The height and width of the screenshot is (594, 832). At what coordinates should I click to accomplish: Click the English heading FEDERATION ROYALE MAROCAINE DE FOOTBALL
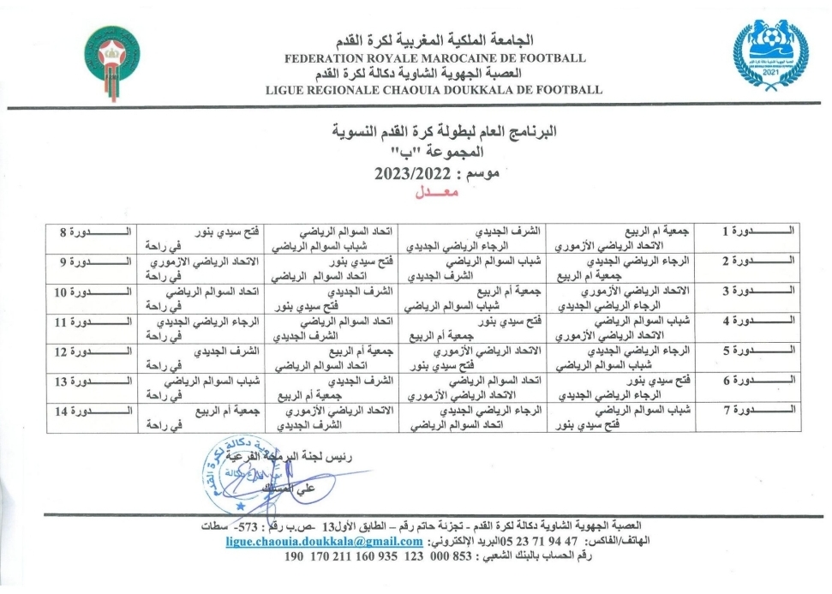[x=437, y=58]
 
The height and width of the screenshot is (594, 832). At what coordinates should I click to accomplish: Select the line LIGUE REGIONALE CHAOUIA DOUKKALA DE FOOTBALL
[x=434, y=89]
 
